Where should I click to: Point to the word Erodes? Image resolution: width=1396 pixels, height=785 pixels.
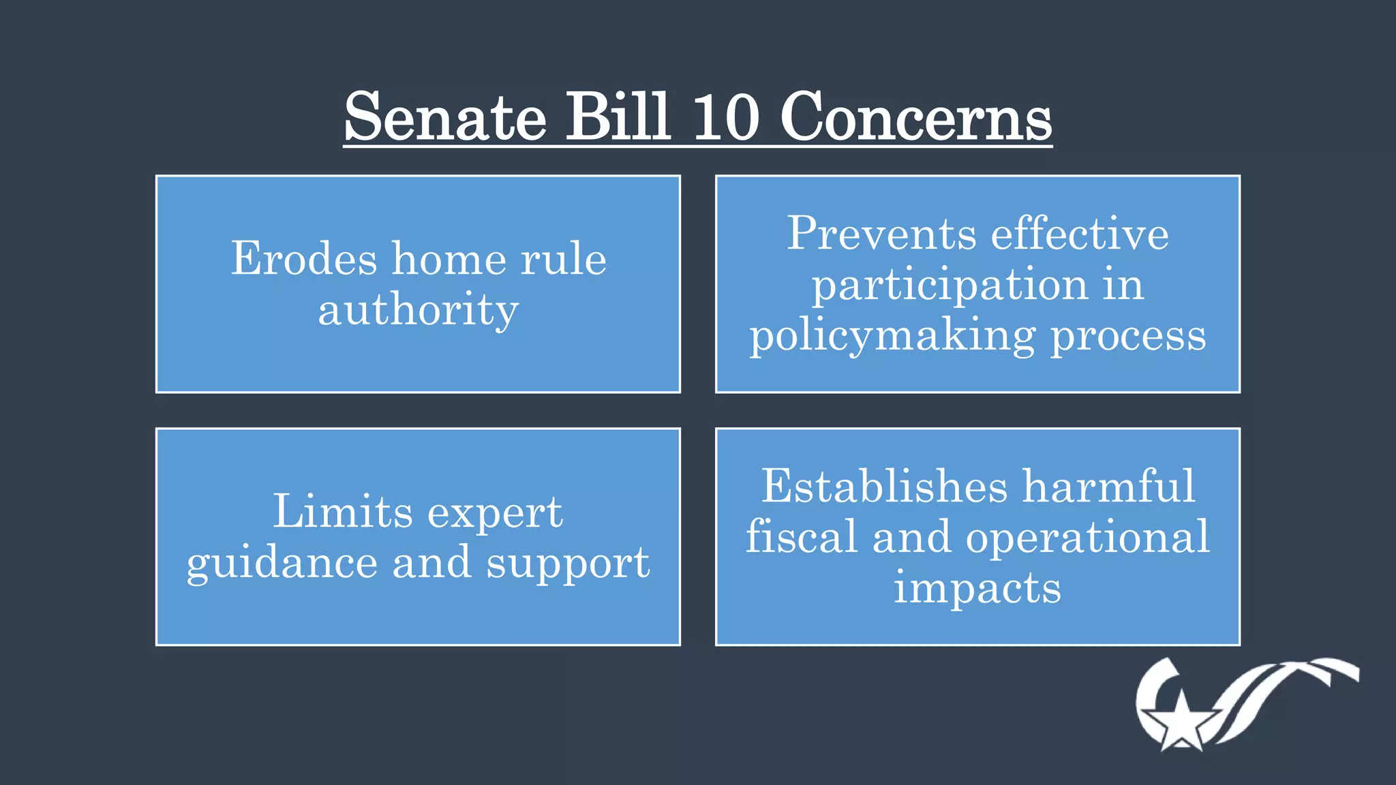click(304, 259)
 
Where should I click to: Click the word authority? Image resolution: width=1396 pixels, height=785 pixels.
click(419, 311)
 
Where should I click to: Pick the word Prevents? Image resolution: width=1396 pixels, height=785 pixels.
click(882, 234)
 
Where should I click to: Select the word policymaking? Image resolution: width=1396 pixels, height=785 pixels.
click(892, 337)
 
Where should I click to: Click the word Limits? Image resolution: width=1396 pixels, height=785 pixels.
click(343, 512)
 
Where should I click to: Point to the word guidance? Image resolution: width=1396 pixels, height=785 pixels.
click(282, 564)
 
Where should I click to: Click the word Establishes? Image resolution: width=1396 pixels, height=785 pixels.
click(884, 487)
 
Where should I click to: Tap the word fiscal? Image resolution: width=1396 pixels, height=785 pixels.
click(802, 537)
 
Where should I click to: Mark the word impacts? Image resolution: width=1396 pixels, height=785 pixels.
click(977, 588)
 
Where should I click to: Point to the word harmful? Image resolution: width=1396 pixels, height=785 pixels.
click(1109, 487)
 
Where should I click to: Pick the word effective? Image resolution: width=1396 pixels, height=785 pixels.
click(1080, 234)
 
